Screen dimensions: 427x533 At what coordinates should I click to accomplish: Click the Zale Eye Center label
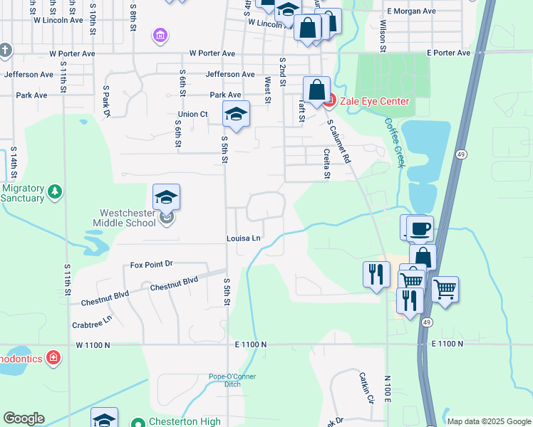(x=373, y=101)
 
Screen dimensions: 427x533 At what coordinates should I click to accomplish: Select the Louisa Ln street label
(x=244, y=238)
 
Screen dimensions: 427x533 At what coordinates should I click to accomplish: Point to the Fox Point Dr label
(x=152, y=264)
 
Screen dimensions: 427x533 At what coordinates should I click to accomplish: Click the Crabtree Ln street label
(x=92, y=322)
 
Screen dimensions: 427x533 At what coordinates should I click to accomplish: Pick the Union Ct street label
(x=192, y=114)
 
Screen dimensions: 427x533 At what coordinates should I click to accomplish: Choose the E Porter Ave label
(x=449, y=53)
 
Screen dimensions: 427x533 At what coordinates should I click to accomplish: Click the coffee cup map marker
(x=420, y=229)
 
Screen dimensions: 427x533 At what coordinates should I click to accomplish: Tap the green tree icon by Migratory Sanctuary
(x=54, y=191)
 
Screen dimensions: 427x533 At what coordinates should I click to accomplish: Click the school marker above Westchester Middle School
(x=166, y=197)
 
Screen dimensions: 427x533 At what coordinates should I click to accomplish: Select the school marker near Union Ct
(x=236, y=113)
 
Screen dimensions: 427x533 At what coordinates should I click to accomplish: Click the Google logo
(x=24, y=418)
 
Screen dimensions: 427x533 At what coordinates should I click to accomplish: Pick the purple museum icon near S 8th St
(x=160, y=34)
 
